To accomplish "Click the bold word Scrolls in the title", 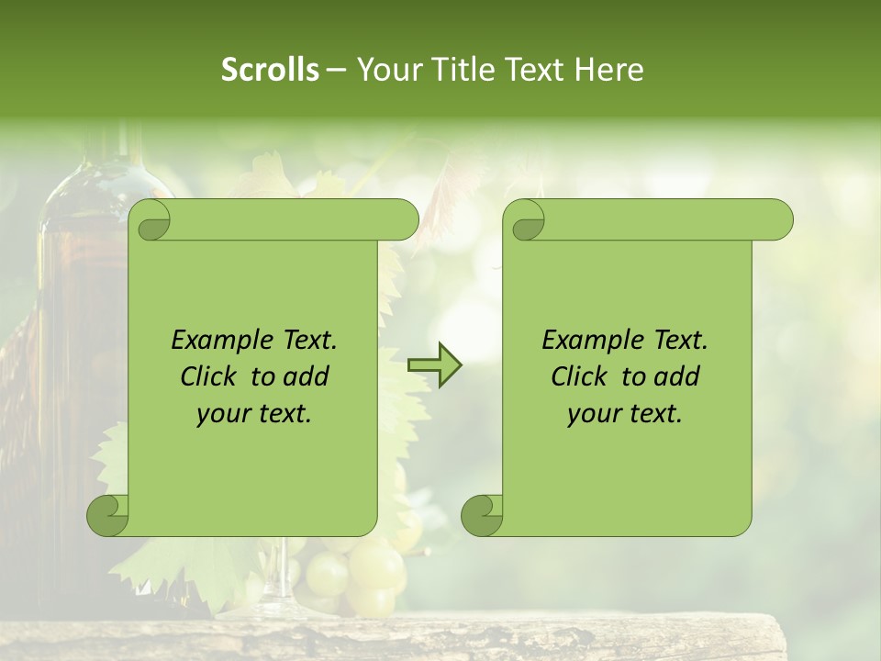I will (x=270, y=70).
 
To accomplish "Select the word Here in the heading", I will (x=608, y=70).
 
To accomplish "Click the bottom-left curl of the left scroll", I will (x=108, y=515).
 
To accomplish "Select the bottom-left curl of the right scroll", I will (x=483, y=515).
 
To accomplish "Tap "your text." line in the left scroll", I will (x=254, y=413).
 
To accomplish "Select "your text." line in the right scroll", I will (x=625, y=413).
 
